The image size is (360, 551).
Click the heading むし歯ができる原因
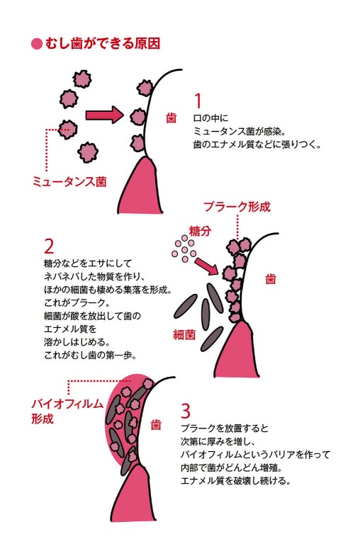click(102, 44)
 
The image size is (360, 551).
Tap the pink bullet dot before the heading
click(37, 44)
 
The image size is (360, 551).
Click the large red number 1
click(198, 101)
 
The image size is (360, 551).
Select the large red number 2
click(49, 246)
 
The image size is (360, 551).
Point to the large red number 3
click(186, 411)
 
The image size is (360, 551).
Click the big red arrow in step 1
click(105, 115)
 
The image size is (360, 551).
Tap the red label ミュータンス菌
click(69, 181)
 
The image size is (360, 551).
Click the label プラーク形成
click(237, 207)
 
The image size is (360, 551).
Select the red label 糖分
click(201, 231)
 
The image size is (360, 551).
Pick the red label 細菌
click(184, 334)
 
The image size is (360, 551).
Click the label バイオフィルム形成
click(67, 411)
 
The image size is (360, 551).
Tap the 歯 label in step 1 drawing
click(171, 118)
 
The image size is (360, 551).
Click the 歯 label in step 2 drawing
click(271, 279)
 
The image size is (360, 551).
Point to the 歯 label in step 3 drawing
click(156, 424)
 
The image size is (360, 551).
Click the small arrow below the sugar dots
click(207, 266)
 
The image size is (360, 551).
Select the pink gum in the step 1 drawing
click(140, 186)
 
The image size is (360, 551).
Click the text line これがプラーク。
click(75, 302)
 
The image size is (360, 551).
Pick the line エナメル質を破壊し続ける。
click(235, 480)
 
